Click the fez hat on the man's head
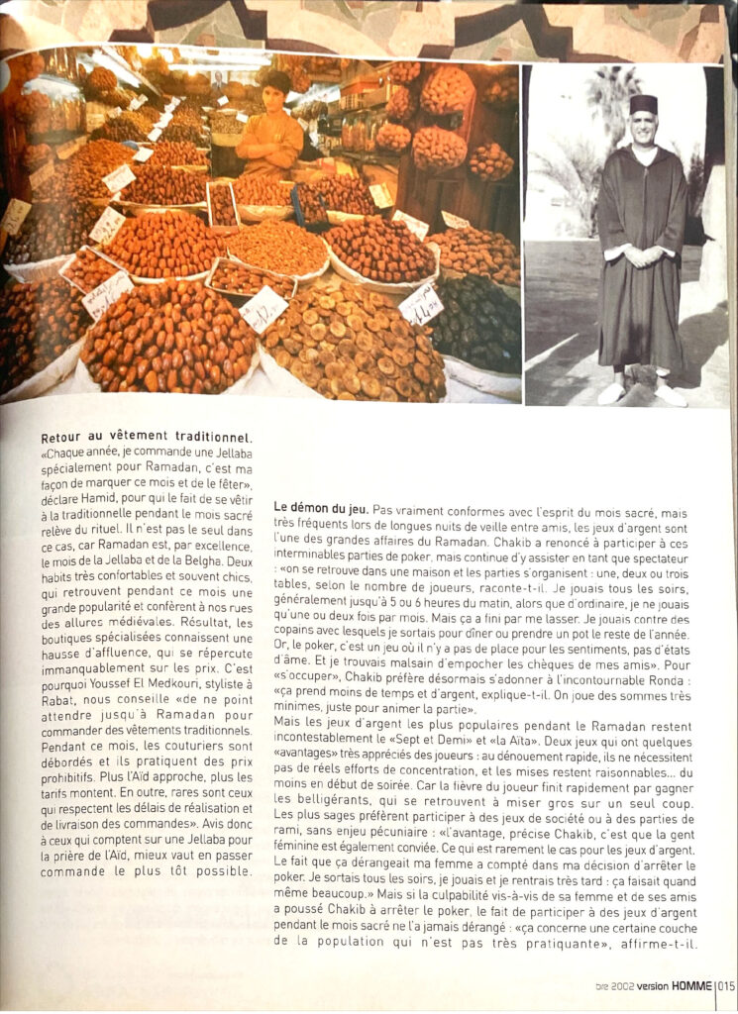coord(643,104)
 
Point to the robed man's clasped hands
coord(642,255)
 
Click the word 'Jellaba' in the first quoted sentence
coord(222,454)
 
